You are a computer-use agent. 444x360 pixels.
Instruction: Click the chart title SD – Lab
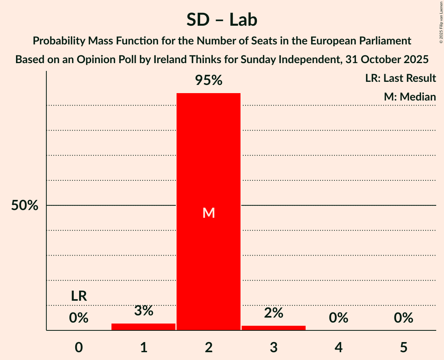(222, 19)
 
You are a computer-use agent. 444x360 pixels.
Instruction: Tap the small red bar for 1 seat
(143, 326)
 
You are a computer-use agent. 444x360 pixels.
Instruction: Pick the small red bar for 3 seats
(274, 328)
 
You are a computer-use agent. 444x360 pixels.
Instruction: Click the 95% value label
(209, 80)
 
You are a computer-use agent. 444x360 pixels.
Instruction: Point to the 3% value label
(143, 311)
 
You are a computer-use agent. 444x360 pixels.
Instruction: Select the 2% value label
(274, 312)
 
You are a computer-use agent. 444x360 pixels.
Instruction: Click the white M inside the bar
(209, 213)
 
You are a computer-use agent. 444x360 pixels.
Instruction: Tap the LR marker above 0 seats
(79, 296)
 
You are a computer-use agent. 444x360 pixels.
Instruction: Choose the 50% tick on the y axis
(25, 205)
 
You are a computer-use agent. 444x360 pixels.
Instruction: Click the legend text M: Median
(410, 97)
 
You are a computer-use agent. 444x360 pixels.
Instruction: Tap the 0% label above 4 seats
(338, 318)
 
